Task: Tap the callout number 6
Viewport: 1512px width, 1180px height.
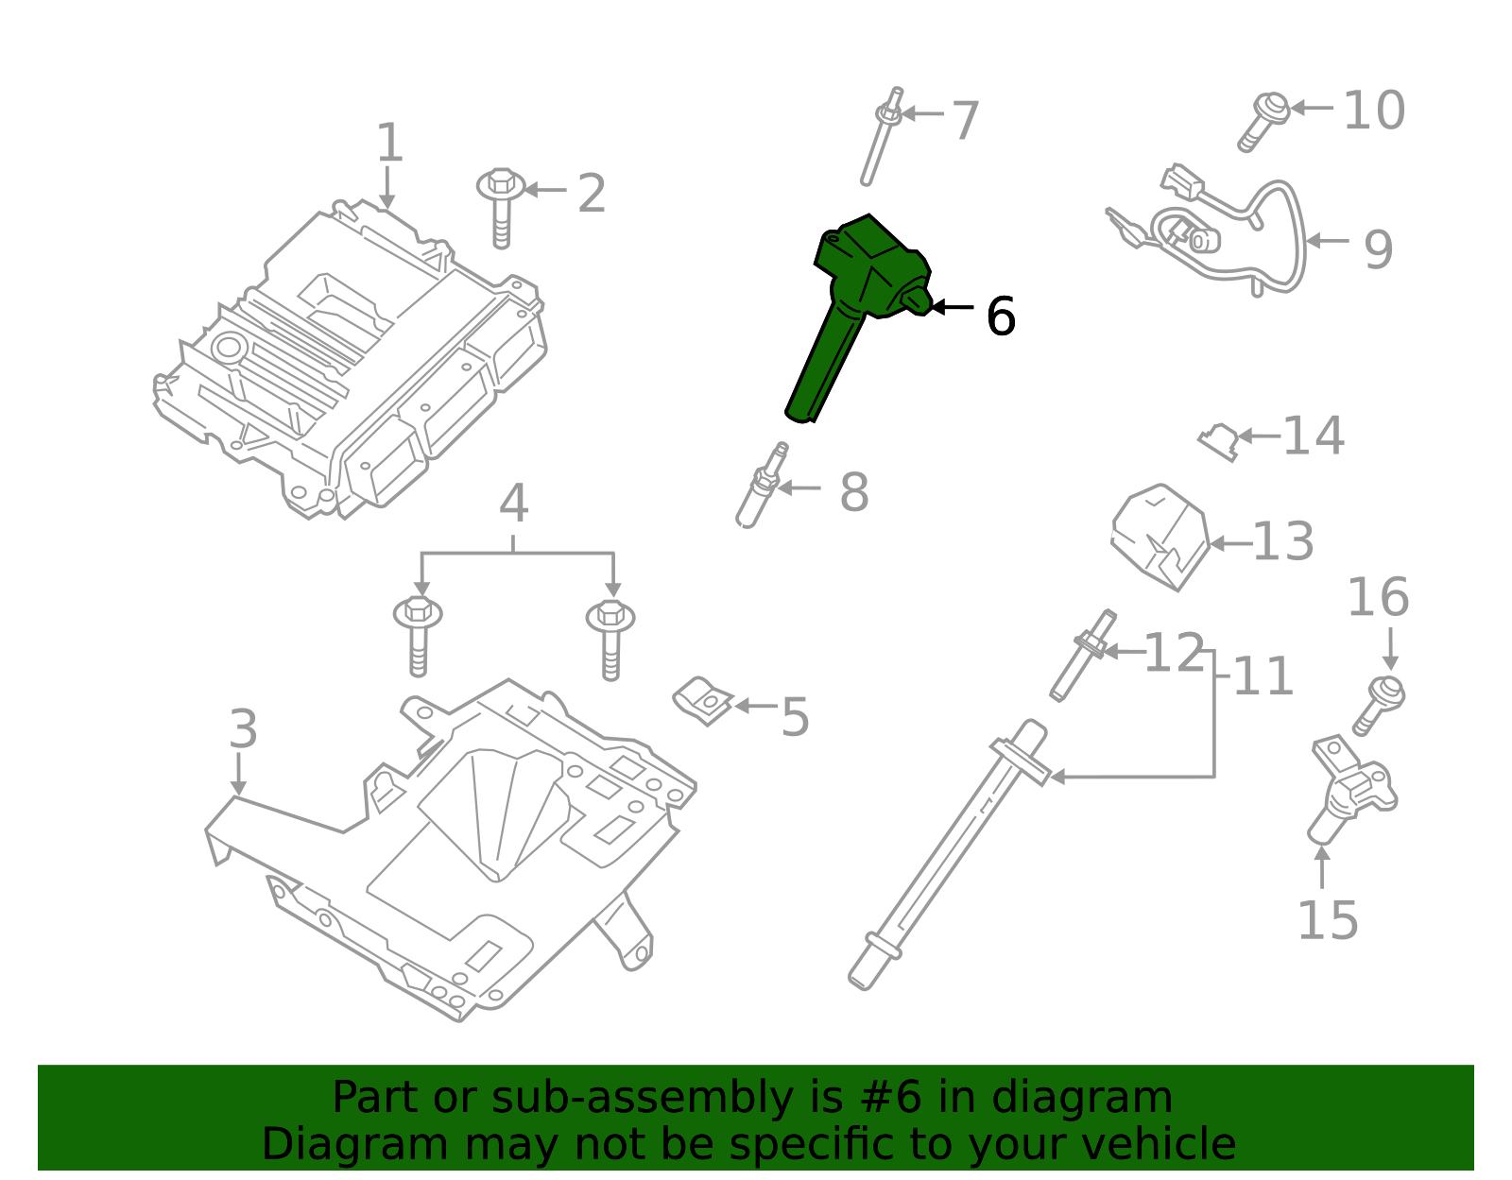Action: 1001,316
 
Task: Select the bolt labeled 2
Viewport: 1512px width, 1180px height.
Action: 501,207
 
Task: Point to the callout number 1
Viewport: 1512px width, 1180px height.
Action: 389,143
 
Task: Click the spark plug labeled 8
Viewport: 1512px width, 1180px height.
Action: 762,486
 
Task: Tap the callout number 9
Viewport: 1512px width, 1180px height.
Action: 1378,249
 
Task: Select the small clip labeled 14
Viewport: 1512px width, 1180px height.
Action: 1218,441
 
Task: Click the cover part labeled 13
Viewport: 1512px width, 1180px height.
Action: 1160,537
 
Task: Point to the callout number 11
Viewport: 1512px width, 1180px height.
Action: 1263,676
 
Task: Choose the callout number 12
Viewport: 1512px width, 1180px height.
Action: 1174,653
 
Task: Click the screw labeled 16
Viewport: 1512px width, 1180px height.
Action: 1378,705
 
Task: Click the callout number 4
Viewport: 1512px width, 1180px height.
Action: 513,503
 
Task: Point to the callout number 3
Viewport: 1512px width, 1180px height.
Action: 243,728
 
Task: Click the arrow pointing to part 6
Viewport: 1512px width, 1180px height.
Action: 953,307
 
